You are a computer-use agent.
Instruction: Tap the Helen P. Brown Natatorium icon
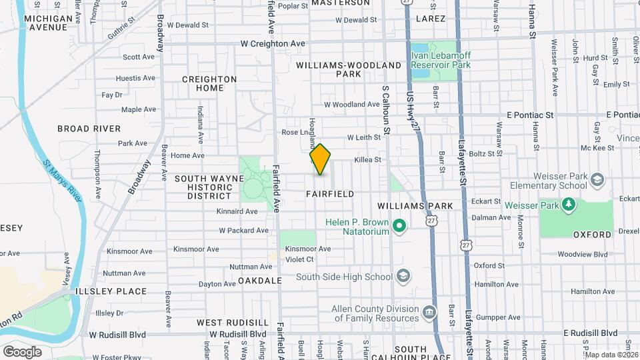coord(399,227)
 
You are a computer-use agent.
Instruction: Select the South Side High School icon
coord(403,276)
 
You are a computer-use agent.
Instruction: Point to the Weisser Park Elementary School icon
coord(597,179)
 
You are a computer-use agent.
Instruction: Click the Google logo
coord(22,351)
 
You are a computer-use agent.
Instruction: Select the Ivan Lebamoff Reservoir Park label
coord(441,61)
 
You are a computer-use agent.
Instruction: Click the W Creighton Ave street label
coord(273,43)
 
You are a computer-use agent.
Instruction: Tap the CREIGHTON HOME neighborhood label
coord(210,83)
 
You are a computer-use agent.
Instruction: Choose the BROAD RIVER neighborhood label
coord(89,129)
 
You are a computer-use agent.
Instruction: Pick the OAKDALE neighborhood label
coord(260,281)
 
